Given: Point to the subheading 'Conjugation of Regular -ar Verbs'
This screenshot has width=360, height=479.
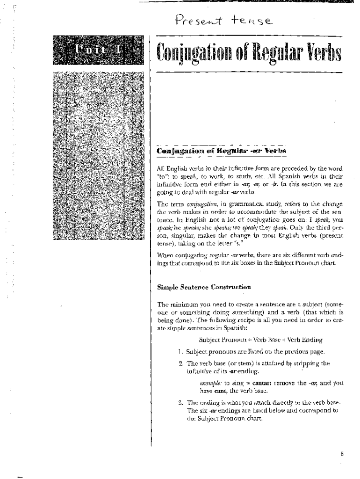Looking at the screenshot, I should pyautogui.click(x=221, y=151).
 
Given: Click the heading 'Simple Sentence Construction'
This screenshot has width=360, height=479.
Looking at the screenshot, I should pyautogui.click(x=204, y=287).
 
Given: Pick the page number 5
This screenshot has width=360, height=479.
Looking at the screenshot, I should pyautogui.click(x=342, y=453).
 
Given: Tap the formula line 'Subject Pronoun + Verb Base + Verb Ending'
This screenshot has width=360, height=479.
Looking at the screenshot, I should pyautogui.click(x=260, y=340).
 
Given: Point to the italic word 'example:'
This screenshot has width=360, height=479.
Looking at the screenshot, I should pyautogui.click(x=210, y=382).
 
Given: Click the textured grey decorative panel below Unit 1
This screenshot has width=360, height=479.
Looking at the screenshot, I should pyautogui.click(x=98, y=154).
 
